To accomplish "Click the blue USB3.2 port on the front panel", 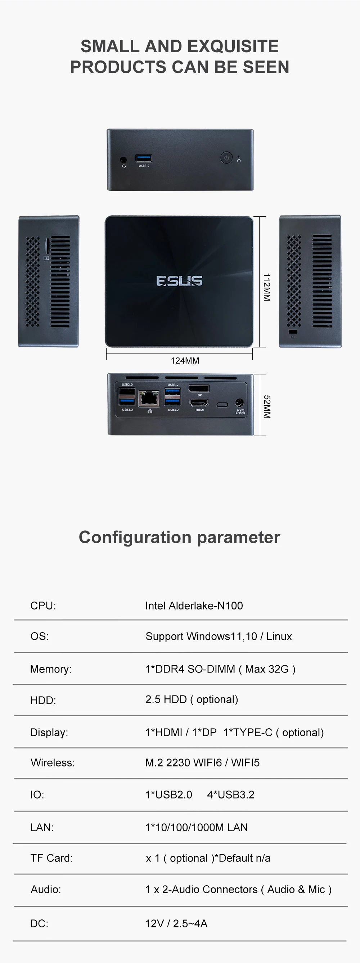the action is (144, 158).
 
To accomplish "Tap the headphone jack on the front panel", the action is (123, 160).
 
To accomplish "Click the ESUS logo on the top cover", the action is (179, 281).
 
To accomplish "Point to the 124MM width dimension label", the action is (185, 361).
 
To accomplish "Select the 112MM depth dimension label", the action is (266, 287).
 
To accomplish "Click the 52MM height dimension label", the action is (266, 406).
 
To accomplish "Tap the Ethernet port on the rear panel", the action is (149, 399).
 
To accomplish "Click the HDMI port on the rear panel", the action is (199, 403).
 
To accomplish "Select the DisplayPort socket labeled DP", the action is (199, 388).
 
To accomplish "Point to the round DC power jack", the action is (239, 402).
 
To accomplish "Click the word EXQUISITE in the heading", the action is (233, 46).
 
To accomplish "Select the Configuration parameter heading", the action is (179, 537).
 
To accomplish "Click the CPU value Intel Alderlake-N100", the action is (194, 606).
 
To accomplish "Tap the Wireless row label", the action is (53, 762).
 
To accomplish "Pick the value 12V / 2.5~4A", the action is (176, 924).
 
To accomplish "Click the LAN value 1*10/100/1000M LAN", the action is (196, 827).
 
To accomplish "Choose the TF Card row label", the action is (51, 858).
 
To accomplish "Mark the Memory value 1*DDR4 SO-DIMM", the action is (190, 669).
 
